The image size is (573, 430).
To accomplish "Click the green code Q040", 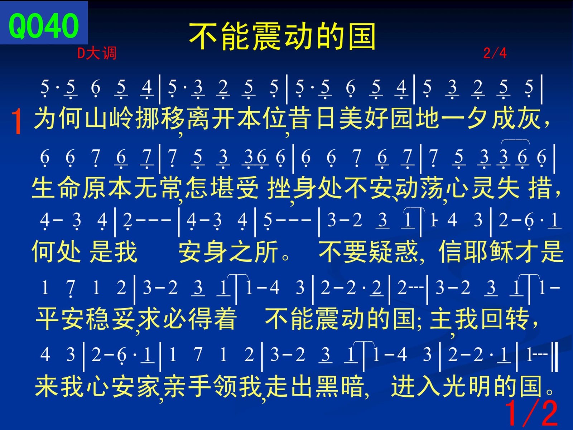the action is click(x=44, y=26).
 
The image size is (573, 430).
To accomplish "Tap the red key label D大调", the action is click(x=97, y=53).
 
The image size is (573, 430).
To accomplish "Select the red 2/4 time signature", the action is click(x=495, y=53).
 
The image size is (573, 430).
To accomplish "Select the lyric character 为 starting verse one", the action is click(x=45, y=119).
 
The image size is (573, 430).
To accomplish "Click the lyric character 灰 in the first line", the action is click(x=529, y=119).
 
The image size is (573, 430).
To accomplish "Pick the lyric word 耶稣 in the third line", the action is click(x=488, y=251).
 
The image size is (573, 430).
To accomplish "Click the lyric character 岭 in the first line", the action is click(x=121, y=119).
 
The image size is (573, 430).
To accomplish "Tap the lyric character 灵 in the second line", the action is click(x=483, y=188).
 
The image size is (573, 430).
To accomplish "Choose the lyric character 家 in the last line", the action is click(x=148, y=386).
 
